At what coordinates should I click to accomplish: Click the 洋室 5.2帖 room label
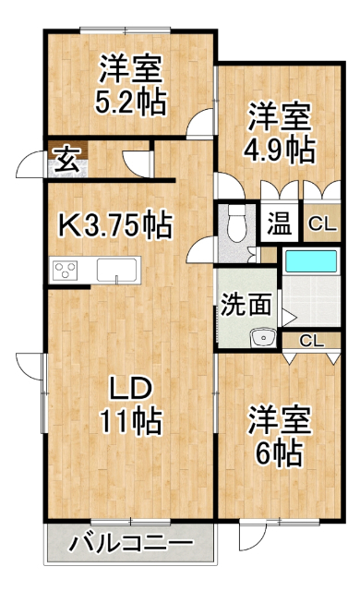coord(130,85)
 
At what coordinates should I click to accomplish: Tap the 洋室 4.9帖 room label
coord(279,133)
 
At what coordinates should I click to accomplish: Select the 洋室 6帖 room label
coord(279,436)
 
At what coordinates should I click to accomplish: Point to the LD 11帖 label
coord(130,406)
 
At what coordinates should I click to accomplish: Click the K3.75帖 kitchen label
coord(115,225)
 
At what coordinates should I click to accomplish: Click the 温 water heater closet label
coord(280,223)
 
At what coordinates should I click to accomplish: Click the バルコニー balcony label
coord(131,543)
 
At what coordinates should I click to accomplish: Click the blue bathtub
coord(311,260)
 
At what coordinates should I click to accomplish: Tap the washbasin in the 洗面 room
coord(264,338)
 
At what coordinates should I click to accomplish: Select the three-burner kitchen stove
coord(65,271)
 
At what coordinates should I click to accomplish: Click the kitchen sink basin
coord(116,270)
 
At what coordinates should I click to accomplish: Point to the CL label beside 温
coord(322,225)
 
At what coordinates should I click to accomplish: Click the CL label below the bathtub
coord(311,341)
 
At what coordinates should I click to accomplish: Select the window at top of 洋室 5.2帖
coord(125,30)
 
